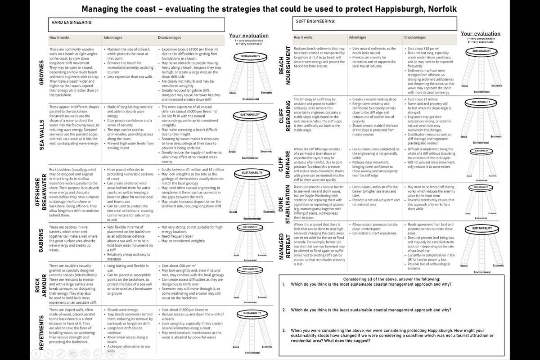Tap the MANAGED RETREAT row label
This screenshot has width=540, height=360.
pos(284,247)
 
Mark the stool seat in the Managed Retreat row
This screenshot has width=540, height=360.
pos(481,229)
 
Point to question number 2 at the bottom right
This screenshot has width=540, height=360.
pos(284,310)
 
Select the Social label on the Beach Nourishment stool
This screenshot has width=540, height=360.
pos(465,85)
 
